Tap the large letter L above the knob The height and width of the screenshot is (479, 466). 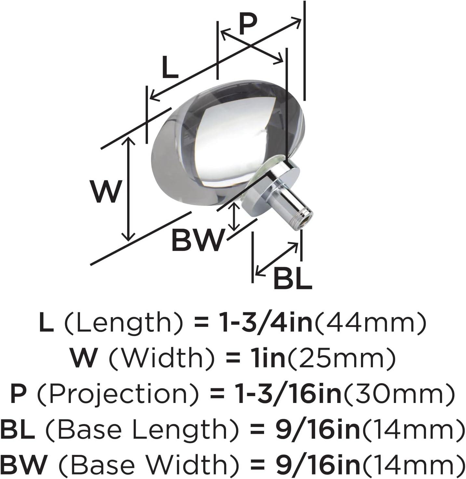coord(170,67)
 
